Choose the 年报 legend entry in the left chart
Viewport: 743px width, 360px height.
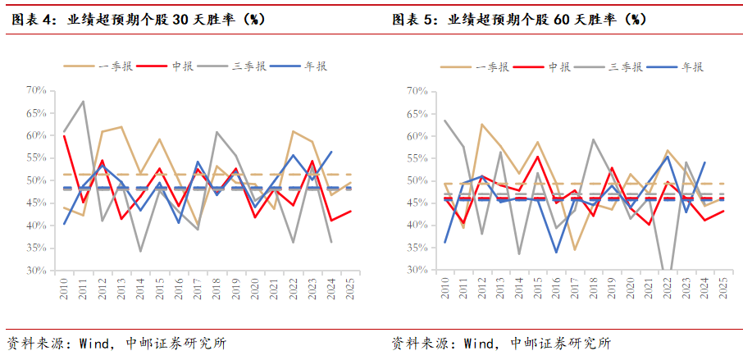tap(317, 67)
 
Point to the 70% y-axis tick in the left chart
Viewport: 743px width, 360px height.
tap(37, 90)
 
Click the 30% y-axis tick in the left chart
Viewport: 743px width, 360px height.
tap(37, 270)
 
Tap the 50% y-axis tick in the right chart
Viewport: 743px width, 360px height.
tap(417, 180)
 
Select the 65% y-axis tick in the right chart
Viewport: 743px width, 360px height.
tap(417, 112)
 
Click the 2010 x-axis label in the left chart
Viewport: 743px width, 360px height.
tap(65, 288)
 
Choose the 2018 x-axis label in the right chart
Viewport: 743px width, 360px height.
tap(593, 288)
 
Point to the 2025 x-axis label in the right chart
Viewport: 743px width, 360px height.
tap(722, 288)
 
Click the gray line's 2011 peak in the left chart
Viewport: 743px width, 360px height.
tap(84, 102)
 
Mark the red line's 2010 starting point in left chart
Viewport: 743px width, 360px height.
tap(65, 135)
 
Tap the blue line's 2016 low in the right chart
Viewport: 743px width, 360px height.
tap(556, 252)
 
